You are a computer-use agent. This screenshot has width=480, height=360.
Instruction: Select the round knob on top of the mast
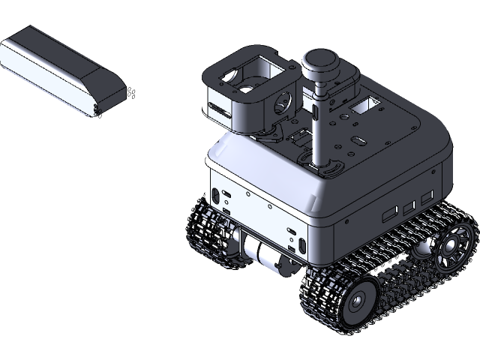click(322, 64)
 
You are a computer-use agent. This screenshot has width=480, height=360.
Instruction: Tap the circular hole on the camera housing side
click(286, 98)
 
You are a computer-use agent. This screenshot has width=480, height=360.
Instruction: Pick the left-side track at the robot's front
click(210, 232)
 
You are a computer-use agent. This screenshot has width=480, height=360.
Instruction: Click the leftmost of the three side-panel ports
click(389, 214)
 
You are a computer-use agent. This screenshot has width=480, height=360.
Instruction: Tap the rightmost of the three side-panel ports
click(426, 196)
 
